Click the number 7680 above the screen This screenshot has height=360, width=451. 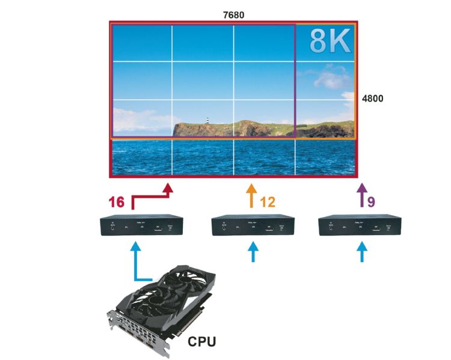pyautogui.click(x=232, y=13)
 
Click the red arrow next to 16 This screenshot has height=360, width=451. pyautogui.click(x=167, y=191)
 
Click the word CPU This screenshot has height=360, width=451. pyautogui.click(x=202, y=342)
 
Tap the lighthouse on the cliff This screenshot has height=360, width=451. pyautogui.click(x=208, y=121)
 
